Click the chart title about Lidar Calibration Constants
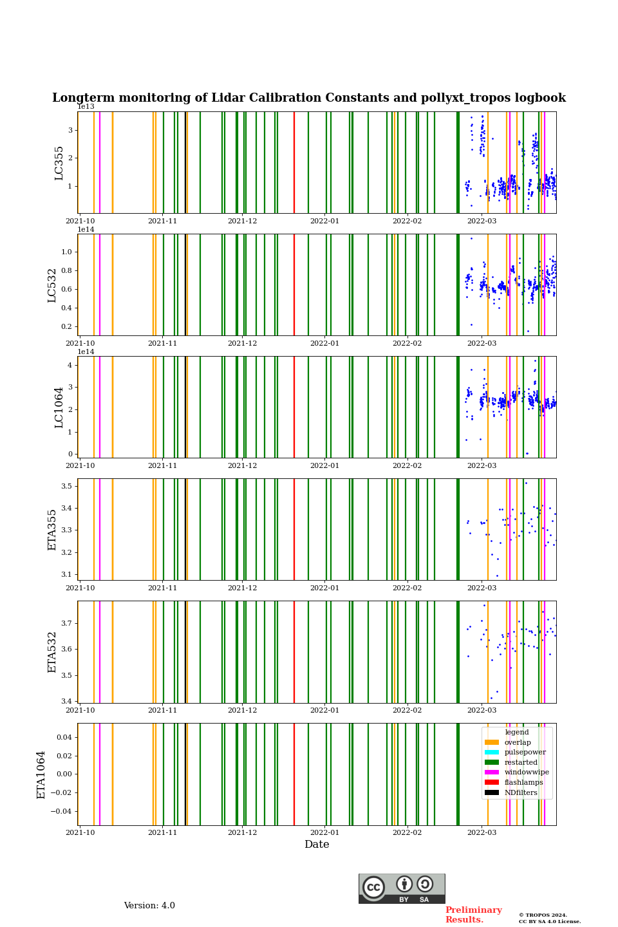(x=309, y=98)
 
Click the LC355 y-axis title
(x=59, y=163)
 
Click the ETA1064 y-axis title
(x=41, y=774)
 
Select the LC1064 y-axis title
(x=59, y=407)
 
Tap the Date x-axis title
(x=317, y=845)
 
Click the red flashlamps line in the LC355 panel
(x=294, y=162)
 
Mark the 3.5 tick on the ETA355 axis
(x=67, y=486)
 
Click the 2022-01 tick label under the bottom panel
(x=324, y=833)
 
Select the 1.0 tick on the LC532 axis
(x=67, y=252)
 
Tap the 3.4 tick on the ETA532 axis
(x=67, y=701)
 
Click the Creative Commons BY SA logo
(x=402, y=888)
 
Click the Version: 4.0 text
(x=149, y=906)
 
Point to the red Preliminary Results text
(x=473, y=915)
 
